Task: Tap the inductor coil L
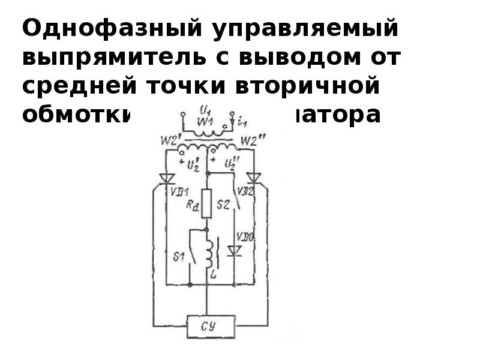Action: click(208, 251)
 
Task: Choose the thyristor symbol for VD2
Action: click(254, 178)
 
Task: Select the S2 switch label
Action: click(223, 205)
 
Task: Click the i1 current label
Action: click(242, 123)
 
